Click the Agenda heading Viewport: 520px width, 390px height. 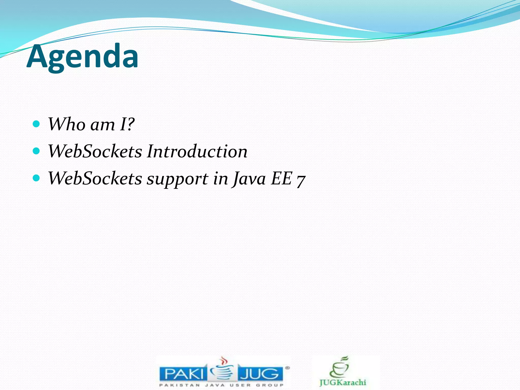click(x=83, y=56)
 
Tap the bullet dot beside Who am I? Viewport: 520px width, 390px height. click(x=37, y=124)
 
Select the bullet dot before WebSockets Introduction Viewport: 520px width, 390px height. click(x=37, y=151)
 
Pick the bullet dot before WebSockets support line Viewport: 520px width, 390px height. click(x=37, y=178)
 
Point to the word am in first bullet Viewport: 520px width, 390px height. click(x=103, y=125)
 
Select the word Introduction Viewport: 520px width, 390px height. click(x=197, y=151)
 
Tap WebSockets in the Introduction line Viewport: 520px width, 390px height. click(x=95, y=151)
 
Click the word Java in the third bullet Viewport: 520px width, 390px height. click(x=249, y=178)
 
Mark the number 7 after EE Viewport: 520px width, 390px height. click(x=301, y=180)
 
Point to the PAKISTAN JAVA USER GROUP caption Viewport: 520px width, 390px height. click(x=221, y=385)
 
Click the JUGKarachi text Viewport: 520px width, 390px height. click(x=343, y=382)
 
